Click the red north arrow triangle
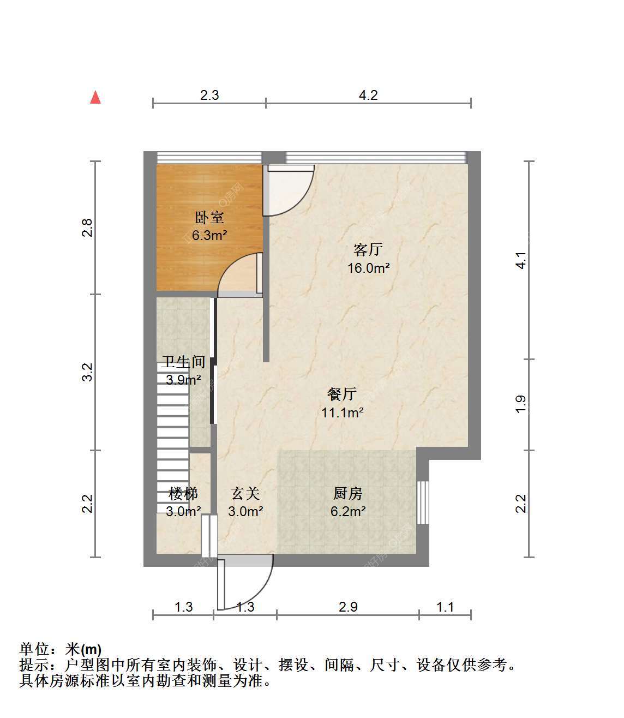(x=95, y=98)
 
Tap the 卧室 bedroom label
(x=209, y=218)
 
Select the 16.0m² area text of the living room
(x=368, y=268)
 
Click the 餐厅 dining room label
(x=342, y=394)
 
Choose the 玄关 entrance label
(x=245, y=494)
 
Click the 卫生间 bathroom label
(x=183, y=362)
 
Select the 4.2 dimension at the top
(x=368, y=95)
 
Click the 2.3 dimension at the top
(x=209, y=95)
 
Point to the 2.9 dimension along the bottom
(x=348, y=607)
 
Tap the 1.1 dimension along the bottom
(x=445, y=607)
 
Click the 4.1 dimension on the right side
(x=521, y=260)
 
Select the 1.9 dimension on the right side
(x=521, y=405)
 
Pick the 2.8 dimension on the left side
(x=87, y=228)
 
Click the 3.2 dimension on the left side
(x=87, y=372)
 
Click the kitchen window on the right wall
(x=423, y=502)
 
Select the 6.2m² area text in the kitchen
(x=348, y=511)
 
